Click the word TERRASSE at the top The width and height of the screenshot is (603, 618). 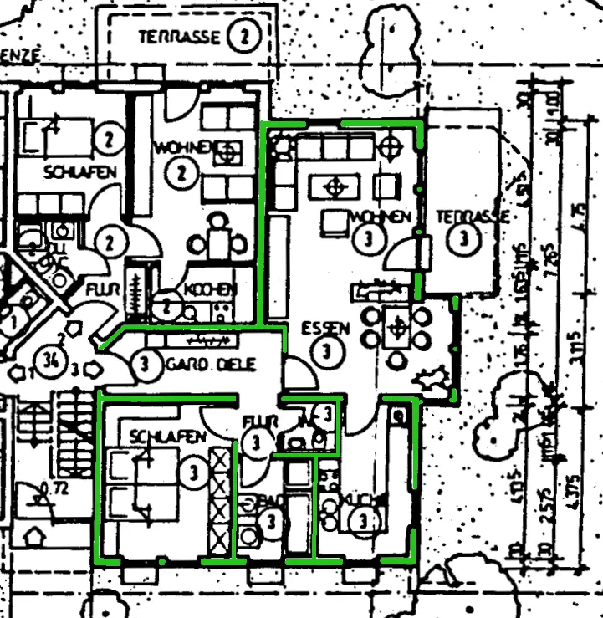click(x=180, y=37)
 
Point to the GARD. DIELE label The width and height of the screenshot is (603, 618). click(x=210, y=365)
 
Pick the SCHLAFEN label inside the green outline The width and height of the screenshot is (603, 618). click(x=168, y=437)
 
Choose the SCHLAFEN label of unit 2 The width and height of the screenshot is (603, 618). click(x=81, y=171)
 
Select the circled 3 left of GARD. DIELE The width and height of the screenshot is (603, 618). click(x=146, y=365)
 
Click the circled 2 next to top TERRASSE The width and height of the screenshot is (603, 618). click(x=243, y=36)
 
